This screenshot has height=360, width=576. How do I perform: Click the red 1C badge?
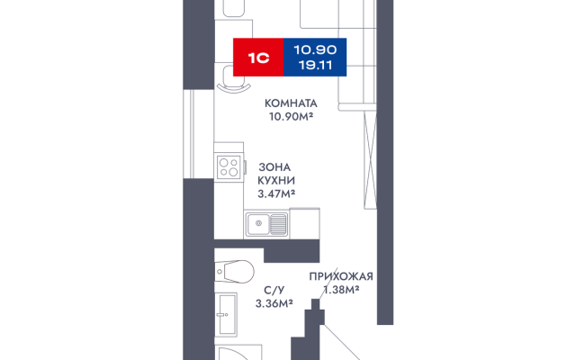pos(258,58)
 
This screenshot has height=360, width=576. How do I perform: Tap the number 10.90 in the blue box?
pos(315,49)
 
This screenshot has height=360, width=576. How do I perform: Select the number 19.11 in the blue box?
pos(315,66)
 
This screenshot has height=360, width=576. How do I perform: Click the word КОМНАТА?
pos(291,103)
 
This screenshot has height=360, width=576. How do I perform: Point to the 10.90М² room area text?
pos(291,116)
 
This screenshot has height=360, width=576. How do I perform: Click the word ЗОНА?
pos(274,167)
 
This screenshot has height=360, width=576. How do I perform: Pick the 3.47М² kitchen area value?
pos(276,193)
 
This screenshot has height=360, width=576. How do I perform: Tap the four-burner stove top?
pos(229,167)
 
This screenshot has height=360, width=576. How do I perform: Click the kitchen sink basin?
pos(258,224)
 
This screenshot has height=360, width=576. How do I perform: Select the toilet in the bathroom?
pos(234,272)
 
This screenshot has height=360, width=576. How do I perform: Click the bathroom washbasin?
pos(226,314)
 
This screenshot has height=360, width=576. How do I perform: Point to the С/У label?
pos(274,290)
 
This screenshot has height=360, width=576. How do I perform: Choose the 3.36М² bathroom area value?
pos(274,303)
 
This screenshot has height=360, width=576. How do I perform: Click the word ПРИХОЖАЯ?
pos(341,276)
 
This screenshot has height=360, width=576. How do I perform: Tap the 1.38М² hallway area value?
pos(341,290)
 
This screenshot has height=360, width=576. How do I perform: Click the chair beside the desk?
pos(234,78)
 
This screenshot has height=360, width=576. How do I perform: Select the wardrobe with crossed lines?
pos(370,159)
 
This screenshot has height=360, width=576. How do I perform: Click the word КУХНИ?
pos(276,180)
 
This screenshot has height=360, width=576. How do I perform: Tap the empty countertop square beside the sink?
pos(304,223)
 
